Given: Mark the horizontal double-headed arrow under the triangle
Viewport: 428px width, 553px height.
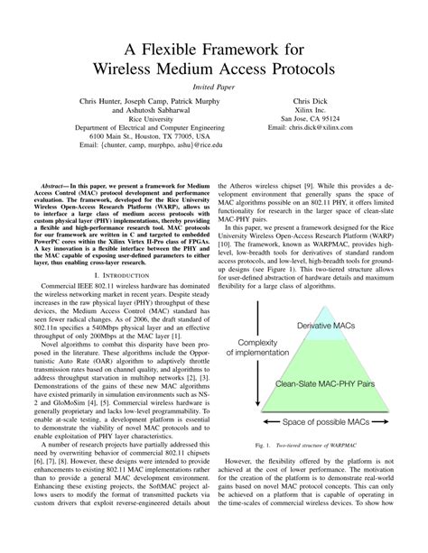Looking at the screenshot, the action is tap(325, 395).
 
